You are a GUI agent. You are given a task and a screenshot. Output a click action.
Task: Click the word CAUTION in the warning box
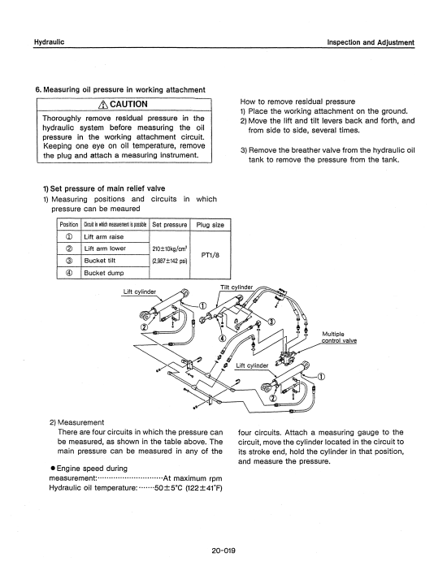[128, 105]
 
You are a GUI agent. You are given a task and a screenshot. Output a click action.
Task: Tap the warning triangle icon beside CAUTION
[103, 105]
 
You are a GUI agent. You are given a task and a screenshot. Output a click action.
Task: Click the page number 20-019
[224, 551]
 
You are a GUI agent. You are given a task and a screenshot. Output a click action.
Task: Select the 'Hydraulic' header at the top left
[49, 42]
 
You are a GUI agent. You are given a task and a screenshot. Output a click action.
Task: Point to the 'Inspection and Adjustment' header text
[371, 42]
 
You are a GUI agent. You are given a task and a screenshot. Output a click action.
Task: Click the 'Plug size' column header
[210, 225]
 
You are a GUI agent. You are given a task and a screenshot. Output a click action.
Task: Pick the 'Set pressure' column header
[170, 225]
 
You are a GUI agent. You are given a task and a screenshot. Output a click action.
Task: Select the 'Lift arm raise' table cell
[104, 237]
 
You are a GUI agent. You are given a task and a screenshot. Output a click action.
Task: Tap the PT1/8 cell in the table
[210, 255]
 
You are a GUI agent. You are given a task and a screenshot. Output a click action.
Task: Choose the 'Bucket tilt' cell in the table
[100, 261]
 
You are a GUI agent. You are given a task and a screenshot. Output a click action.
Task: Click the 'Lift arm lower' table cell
[105, 248]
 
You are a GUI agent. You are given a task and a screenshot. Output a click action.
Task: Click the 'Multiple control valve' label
[339, 338]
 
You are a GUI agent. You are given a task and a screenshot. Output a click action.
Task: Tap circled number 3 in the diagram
[271, 321]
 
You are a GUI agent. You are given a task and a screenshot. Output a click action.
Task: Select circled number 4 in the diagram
[222, 338]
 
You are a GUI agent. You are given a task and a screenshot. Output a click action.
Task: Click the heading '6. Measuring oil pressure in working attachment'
[120, 89]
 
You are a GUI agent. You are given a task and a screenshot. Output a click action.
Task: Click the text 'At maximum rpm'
[193, 478]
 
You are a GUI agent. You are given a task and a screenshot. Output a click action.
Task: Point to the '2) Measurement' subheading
[77, 422]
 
